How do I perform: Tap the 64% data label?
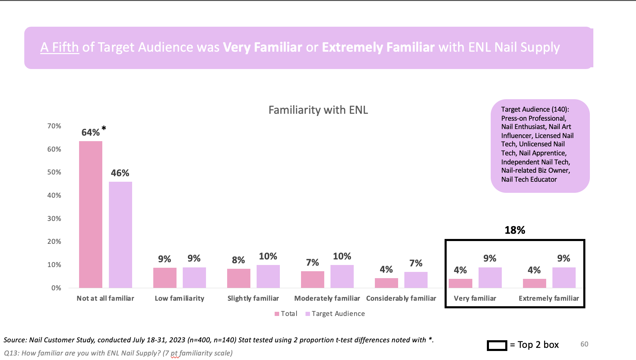pyautogui.click(x=91, y=132)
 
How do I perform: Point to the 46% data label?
pyautogui.click(x=120, y=173)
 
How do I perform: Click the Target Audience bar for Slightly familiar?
pyautogui.click(x=268, y=276)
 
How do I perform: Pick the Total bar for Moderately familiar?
pyautogui.click(x=312, y=280)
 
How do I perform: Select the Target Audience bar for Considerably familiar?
pyautogui.click(x=416, y=280)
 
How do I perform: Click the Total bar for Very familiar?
pyautogui.click(x=460, y=283)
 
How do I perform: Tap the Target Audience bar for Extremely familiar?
pyautogui.click(x=564, y=277)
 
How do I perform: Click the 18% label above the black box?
pyautogui.click(x=515, y=230)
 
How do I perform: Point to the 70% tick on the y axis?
pyautogui.click(x=54, y=126)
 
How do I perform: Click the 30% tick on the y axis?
pyautogui.click(x=54, y=218)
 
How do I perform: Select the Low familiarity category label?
pyautogui.click(x=179, y=298)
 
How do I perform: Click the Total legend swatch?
pyautogui.click(x=277, y=314)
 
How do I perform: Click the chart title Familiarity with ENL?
pyautogui.click(x=318, y=110)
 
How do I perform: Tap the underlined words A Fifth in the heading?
pyautogui.click(x=60, y=47)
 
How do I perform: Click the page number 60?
pyautogui.click(x=584, y=344)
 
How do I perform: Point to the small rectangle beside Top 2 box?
pyautogui.click(x=497, y=345)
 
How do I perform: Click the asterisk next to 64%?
pyautogui.click(x=104, y=129)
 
